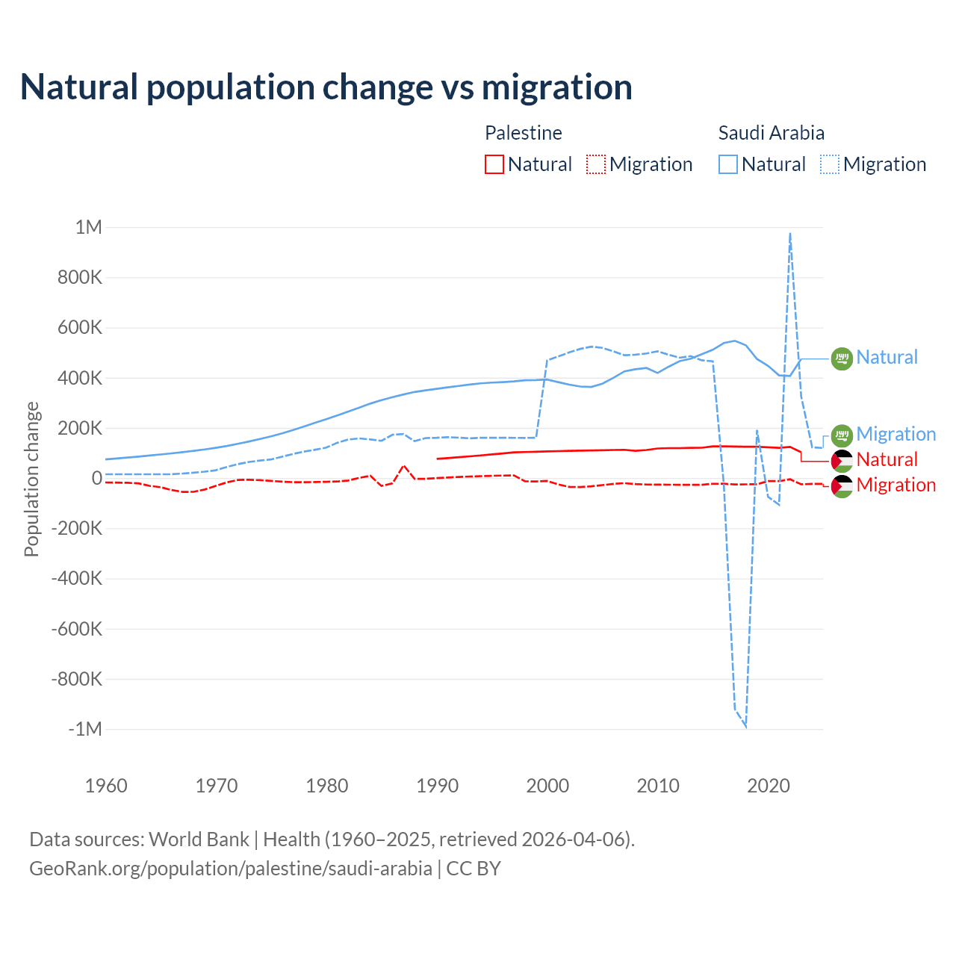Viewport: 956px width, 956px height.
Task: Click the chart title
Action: (x=326, y=87)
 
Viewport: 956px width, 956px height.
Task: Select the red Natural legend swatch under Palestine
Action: (x=494, y=164)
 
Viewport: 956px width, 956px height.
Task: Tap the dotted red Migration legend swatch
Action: (x=596, y=164)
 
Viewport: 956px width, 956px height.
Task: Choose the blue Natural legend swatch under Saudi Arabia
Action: (x=728, y=164)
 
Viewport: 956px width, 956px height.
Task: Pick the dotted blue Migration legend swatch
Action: (x=830, y=164)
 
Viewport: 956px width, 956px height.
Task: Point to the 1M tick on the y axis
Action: (x=88, y=227)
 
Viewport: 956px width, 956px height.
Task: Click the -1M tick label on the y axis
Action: (x=84, y=729)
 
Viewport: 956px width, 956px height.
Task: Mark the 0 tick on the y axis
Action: (x=96, y=478)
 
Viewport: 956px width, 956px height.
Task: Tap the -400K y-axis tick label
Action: (x=76, y=578)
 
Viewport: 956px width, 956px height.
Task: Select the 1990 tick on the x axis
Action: (x=438, y=786)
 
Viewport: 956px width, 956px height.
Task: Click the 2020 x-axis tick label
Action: (x=769, y=786)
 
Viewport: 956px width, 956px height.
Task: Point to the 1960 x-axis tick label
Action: (x=107, y=786)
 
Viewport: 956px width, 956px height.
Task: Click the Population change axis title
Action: (x=31, y=479)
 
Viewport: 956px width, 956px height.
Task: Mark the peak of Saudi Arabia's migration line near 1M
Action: (x=790, y=234)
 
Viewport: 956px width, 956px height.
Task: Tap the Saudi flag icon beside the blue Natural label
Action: (x=842, y=358)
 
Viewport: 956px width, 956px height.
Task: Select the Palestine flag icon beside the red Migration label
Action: (x=842, y=486)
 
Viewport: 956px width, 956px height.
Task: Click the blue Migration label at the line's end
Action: (x=896, y=434)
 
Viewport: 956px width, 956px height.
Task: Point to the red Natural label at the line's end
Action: (x=887, y=459)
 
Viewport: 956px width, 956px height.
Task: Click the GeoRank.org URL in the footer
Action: (x=231, y=869)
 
